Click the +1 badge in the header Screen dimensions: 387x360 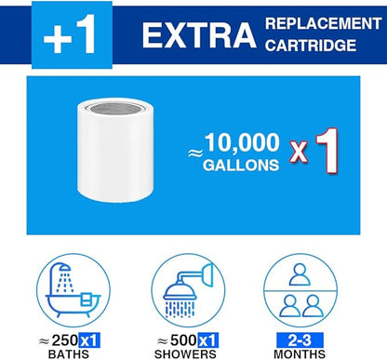tap(72, 34)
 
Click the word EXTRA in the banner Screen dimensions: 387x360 tap(199, 35)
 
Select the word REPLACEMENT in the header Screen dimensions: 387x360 tap(324, 24)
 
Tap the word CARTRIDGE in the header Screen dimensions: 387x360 tap(311, 46)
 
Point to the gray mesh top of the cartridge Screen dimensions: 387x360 tap(115, 108)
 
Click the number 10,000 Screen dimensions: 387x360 tap(242, 143)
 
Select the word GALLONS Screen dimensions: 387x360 tap(241, 165)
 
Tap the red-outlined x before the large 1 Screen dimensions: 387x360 tap(299, 152)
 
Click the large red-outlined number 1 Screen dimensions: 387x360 tap(327, 151)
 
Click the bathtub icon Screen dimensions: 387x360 tap(73, 290)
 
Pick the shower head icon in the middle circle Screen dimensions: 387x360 tap(188, 290)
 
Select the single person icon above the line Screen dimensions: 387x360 tap(300, 274)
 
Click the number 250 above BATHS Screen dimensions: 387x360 tap(64, 340)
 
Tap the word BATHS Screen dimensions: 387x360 tap(69, 353)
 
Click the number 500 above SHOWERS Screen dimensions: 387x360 tap(183, 340)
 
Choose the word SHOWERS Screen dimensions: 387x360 tap(185, 353)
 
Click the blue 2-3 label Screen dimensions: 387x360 tap(300, 340)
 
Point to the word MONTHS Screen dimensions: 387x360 tap(300, 353)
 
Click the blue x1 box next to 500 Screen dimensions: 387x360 tap(207, 340)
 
